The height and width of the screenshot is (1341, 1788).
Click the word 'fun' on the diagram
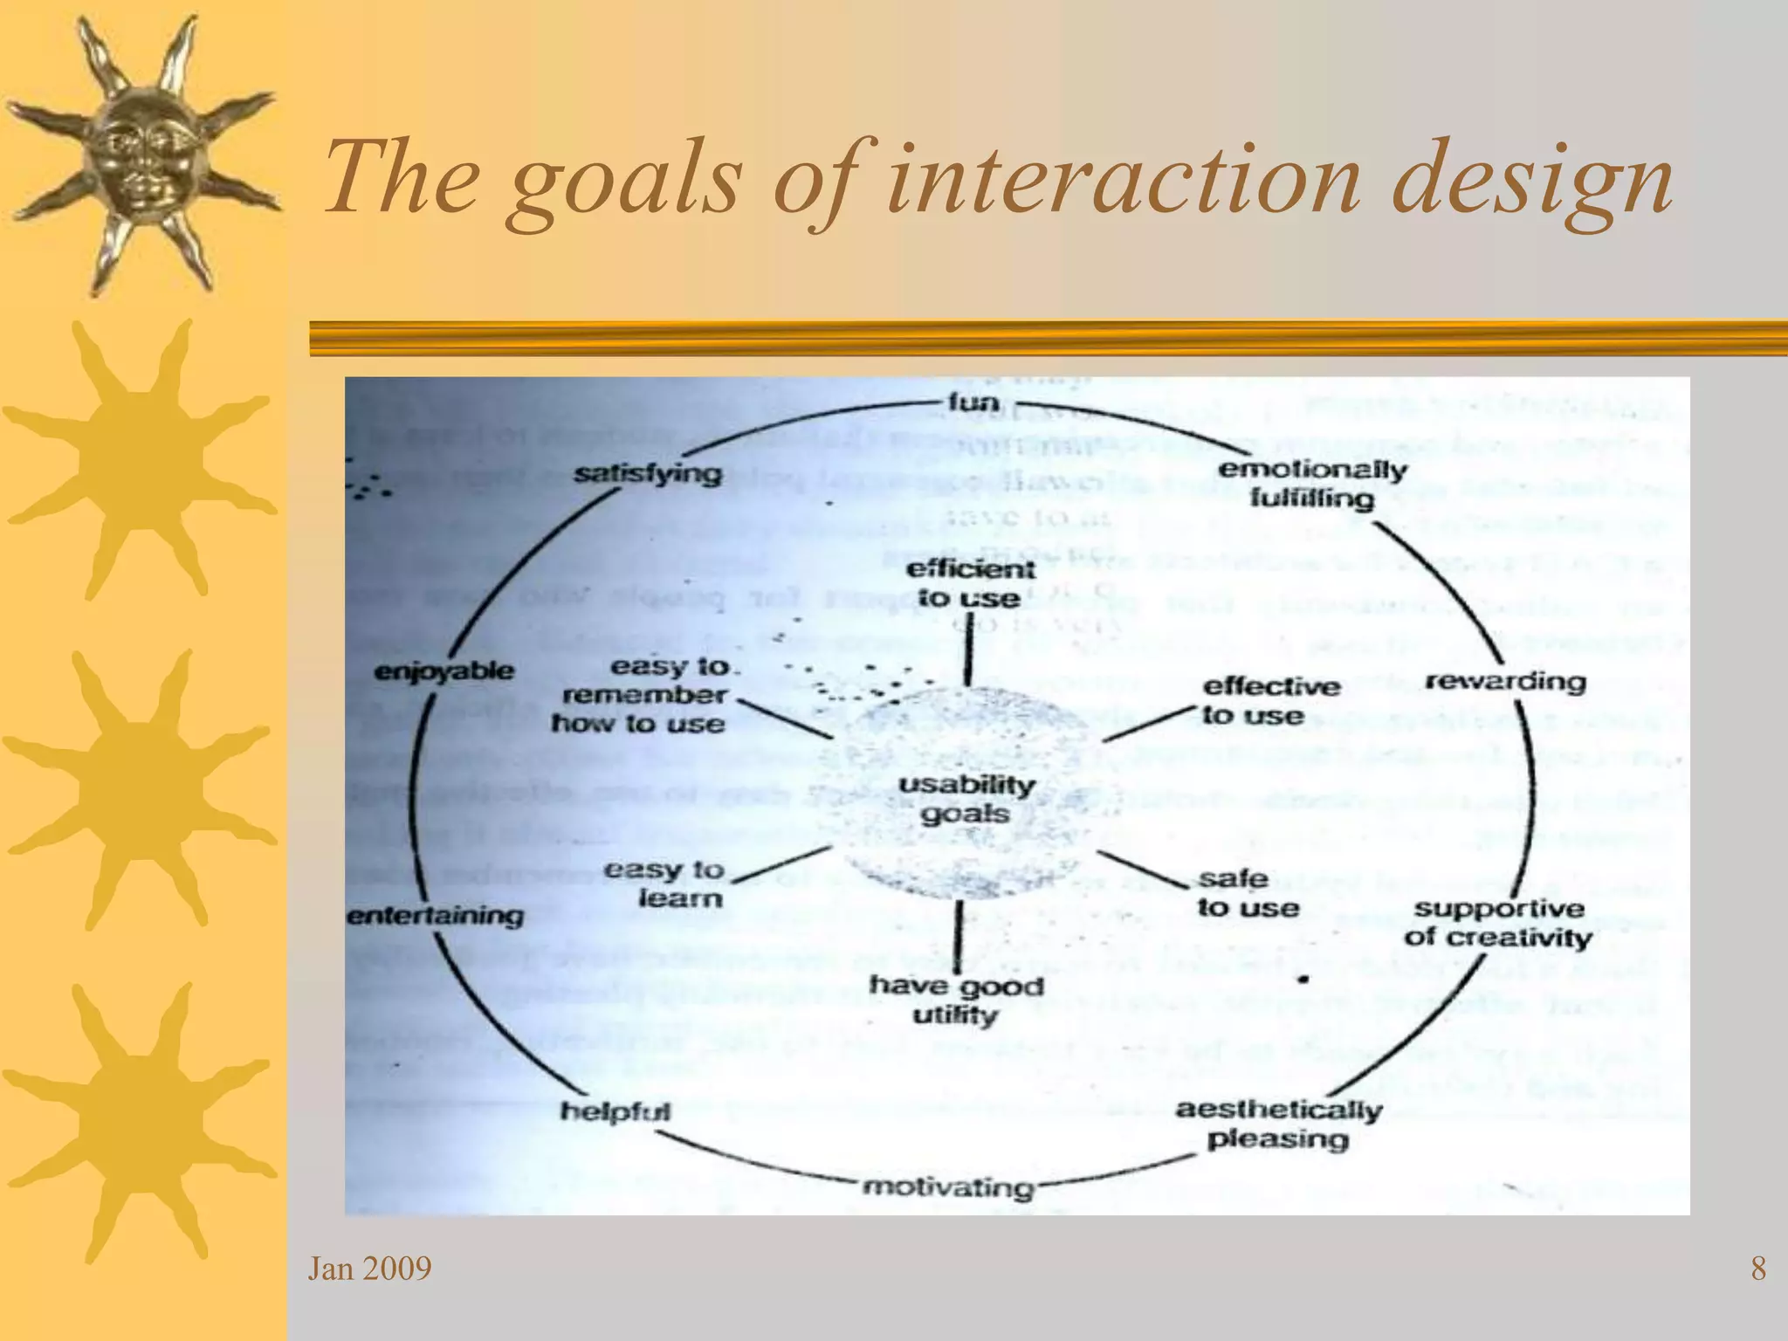(973, 402)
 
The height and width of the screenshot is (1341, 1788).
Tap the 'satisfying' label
(648, 474)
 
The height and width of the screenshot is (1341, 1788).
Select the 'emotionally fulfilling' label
(1312, 484)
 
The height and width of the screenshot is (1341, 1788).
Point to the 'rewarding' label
(1505, 681)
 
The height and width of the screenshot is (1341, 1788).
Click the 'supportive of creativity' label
(1498, 923)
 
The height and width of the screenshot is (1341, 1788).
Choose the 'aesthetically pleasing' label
(1279, 1124)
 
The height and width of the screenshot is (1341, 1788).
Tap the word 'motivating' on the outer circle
(948, 1187)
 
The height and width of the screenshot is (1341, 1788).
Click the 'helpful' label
(615, 1111)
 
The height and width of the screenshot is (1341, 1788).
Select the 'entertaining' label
(436, 916)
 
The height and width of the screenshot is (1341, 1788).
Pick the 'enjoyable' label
(444, 671)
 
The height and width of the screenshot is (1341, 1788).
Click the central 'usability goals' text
(966, 799)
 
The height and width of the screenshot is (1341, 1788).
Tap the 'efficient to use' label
(969, 584)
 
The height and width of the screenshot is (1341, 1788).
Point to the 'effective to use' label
(1269, 701)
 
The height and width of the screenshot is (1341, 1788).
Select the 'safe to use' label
(1247, 893)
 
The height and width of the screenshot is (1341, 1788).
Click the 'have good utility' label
(956, 1001)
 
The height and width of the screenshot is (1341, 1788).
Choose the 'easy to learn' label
(665, 884)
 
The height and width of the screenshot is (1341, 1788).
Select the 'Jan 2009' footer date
(369, 1269)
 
